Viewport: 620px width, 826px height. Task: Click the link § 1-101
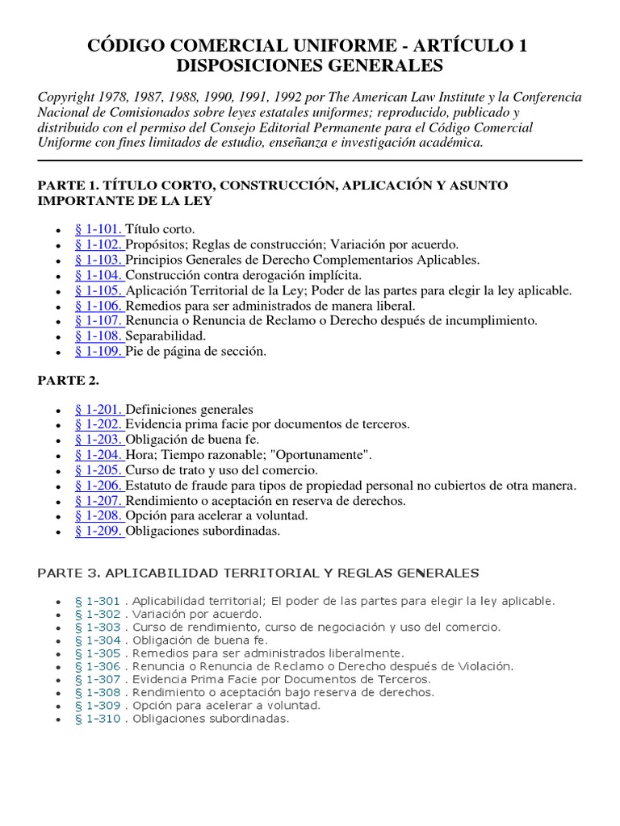pyautogui.click(x=99, y=229)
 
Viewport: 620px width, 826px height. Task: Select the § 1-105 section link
pyautogui.click(x=99, y=290)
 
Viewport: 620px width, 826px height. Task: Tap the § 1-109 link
pyautogui.click(x=99, y=352)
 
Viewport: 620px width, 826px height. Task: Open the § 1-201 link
pyautogui.click(x=99, y=409)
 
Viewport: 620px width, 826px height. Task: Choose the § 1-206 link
pyautogui.click(x=99, y=486)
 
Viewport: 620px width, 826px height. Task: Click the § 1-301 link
pyautogui.click(x=97, y=601)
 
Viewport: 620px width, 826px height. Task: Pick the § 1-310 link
pyautogui.click(x=97, y=719)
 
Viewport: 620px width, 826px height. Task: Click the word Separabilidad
pyautogui.click(x=166, y=336)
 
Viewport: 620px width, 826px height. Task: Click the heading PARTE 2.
pyautogui.click(x=68, y=380)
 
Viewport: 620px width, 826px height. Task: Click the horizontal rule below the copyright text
pyautogui.click(x=310, y=161)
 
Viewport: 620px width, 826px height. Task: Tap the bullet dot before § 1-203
pyautogui.click(x=57, y=440)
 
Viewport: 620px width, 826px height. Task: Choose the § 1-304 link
pyautogui.click(x=97, y=640)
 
